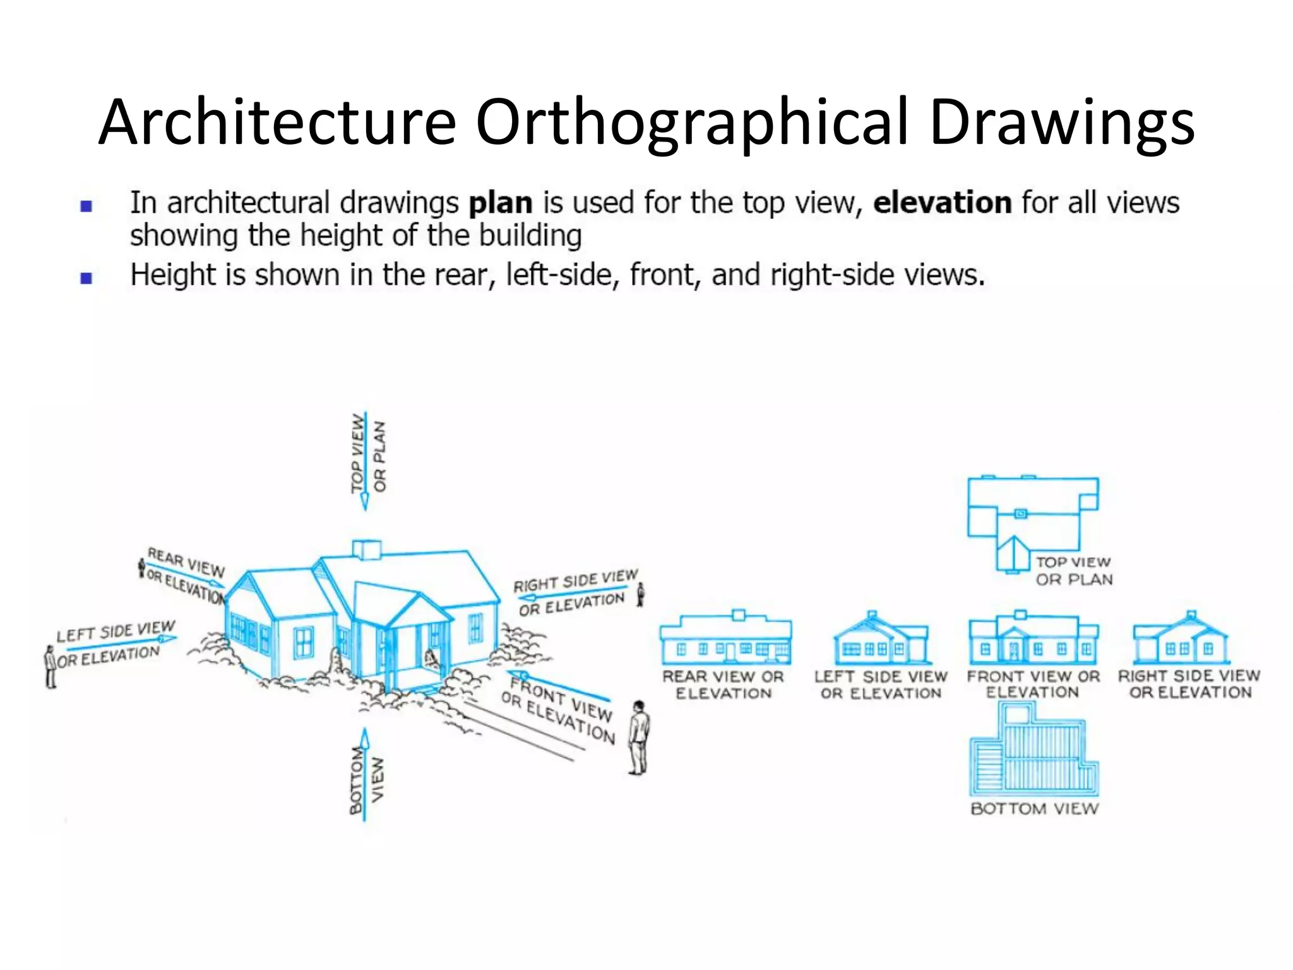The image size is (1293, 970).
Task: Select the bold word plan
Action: (500, 203)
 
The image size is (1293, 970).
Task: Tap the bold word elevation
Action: (942, 203)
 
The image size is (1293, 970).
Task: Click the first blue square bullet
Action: (86, 206)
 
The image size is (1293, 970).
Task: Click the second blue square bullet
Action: (86, 278)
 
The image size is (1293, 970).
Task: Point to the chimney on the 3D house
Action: (366, 549)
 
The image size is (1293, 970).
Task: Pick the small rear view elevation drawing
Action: (725, 638)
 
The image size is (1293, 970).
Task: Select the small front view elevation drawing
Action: (1033, 638)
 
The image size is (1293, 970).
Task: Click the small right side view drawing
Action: (1181, 638)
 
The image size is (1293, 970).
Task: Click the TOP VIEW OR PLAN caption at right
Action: (1073, 571)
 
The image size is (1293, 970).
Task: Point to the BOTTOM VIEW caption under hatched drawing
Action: (1034, 809)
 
